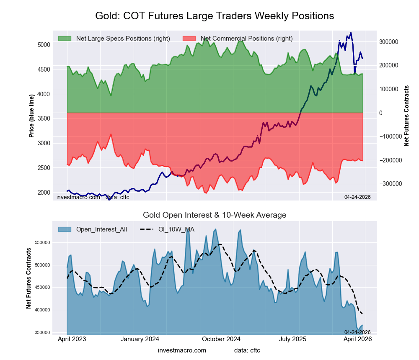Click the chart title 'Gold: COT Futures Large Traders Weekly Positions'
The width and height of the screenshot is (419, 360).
[215, 16]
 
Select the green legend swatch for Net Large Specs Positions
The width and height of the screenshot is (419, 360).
[65, 39]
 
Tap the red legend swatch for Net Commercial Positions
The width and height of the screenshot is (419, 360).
[189, 39]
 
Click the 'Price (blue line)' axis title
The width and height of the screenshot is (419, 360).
[31, 116]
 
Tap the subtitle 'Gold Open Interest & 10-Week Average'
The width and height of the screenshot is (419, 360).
[215, 215]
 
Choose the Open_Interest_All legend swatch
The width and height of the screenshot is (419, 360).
[65, 229]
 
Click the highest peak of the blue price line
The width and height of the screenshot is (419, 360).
[351, 33]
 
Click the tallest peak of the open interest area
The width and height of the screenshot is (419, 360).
[188, 229]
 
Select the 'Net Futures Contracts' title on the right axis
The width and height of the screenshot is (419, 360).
[406, 116]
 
